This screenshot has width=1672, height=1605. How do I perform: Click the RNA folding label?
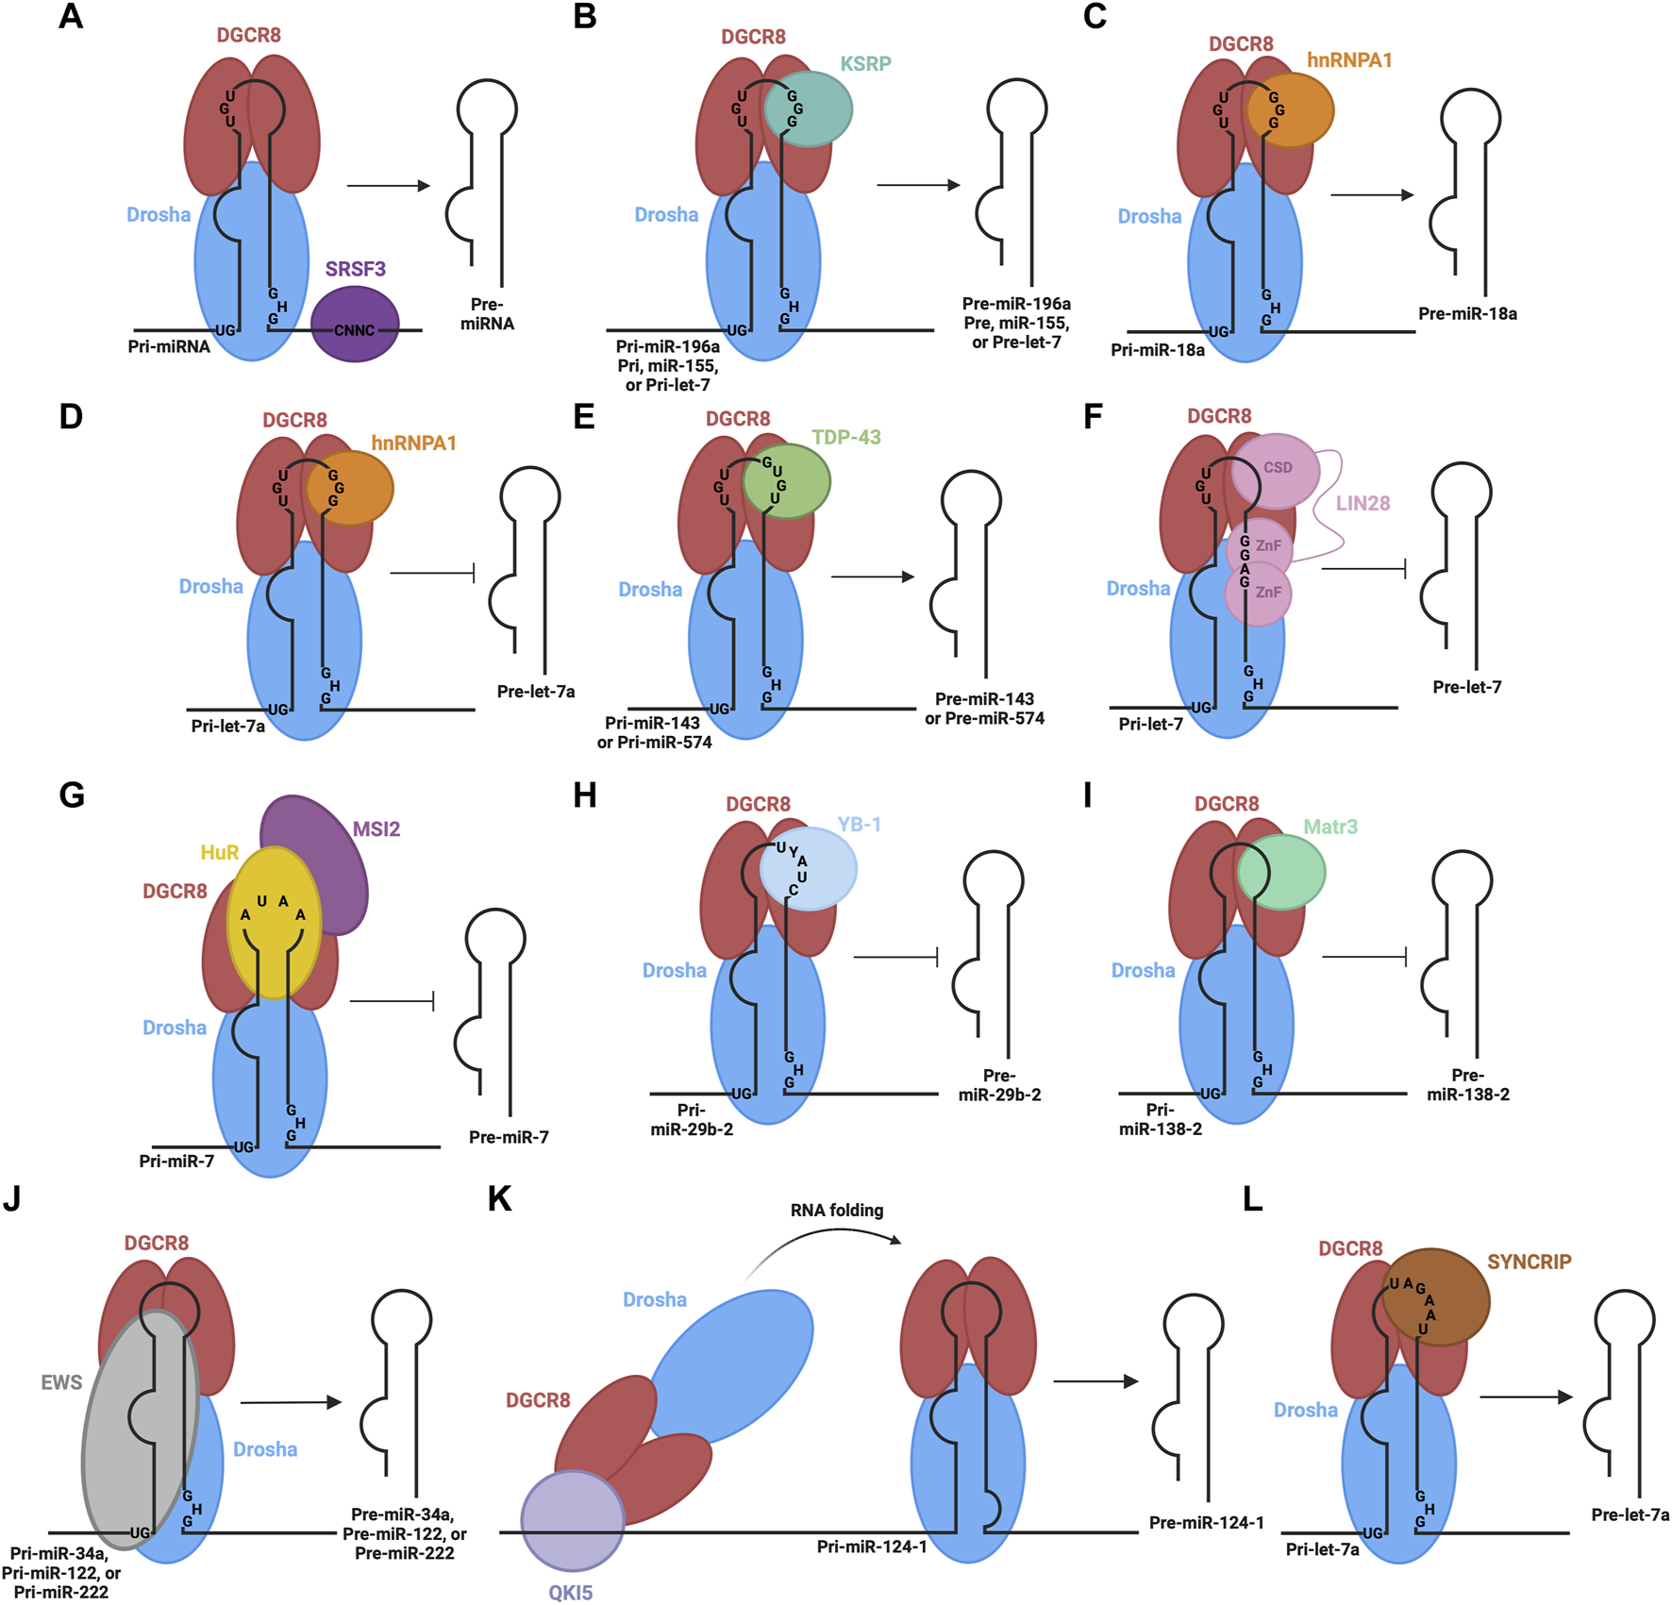tap(837, 1210)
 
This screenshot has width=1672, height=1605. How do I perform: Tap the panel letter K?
tap(499, 1199)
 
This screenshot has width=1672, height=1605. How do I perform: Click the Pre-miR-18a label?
tap(1467, 314)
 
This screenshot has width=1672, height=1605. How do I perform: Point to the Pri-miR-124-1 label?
tap(871, 1546)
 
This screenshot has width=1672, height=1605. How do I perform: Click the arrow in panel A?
tap(388, 186)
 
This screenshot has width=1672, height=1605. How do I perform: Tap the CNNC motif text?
tap(355, 330)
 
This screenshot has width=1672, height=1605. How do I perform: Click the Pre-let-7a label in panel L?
tap(1630, 1514)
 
